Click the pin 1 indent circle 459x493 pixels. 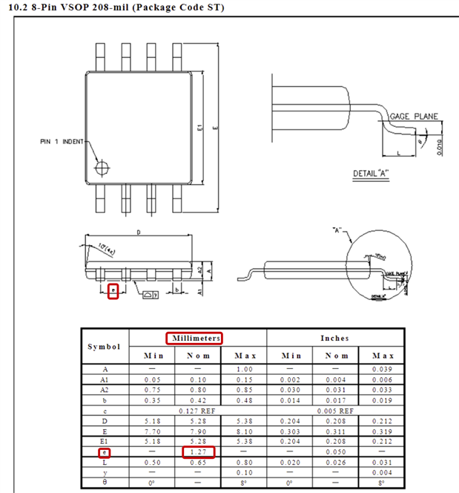pos(105,166)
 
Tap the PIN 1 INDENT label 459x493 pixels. pos(62,141)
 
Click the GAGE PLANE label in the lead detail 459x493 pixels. pos(414,117)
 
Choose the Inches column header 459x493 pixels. pos(334,338)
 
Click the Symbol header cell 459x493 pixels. pos(103,347)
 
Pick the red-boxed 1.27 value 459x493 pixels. pos(197,451)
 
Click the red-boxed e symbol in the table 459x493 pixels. pos(105,451)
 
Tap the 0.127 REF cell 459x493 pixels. pos(197,410)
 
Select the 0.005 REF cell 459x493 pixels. pos(334,410)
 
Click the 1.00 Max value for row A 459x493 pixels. pos(245,369)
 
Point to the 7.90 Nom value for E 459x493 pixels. pos(197,431)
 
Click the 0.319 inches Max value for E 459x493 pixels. pos(382,431)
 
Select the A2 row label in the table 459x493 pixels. pos(105,390)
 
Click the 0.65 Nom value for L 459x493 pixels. pos(197,462)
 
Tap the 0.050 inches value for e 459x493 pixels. pos(334,451)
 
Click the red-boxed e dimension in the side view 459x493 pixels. pos(113,290)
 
